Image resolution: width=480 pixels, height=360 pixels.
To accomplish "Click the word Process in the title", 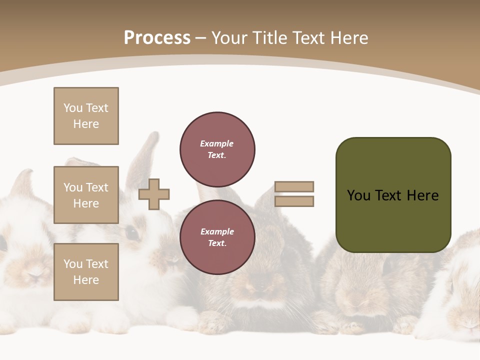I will tap(157, 38).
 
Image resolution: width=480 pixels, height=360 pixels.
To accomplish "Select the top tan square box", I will tap(86, 116).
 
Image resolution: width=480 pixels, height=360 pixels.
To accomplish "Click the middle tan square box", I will tap(86, 195).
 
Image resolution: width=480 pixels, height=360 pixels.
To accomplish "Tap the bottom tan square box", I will tap(86, 272).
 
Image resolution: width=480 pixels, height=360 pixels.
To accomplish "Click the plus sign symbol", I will tap(154, 194).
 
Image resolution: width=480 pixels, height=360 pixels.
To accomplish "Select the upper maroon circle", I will tap(217, 149).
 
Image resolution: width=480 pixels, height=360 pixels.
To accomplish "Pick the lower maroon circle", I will tap(217, 237).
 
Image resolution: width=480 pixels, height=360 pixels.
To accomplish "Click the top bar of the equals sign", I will tap(294, 186).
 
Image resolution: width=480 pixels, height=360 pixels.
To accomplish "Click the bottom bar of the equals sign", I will tap(294, 201).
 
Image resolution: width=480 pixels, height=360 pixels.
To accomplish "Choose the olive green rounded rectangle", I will tap(393, 195).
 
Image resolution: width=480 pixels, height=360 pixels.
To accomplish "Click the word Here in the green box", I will tap(422, 195).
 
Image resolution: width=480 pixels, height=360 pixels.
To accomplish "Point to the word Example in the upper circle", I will tap(216, 143).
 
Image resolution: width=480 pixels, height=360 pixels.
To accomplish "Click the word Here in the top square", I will tap(86, 124).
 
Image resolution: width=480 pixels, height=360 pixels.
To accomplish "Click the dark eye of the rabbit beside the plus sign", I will tap(131, 232).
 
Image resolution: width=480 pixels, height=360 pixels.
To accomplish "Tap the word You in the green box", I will tap(358, 195).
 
